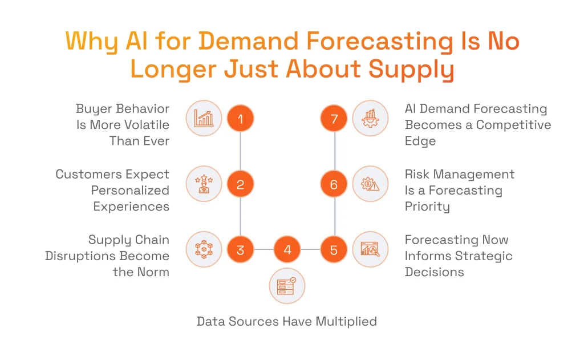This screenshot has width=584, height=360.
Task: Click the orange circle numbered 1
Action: pos(240,119)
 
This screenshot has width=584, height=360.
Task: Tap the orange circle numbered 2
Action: pos(240,184)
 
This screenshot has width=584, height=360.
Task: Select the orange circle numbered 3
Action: pos(240,250)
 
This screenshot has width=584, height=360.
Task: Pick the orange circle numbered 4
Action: pos(287,250)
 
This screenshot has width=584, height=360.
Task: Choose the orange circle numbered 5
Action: pos(334,250)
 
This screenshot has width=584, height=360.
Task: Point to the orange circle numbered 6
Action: pos(334,184)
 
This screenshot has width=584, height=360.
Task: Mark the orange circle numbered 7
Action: pos(334,119)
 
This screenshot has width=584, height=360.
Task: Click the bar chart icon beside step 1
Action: pos(204,119)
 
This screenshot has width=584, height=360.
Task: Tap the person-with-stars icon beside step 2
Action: pos(204,184)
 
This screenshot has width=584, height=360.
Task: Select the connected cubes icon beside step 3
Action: pos(204,250)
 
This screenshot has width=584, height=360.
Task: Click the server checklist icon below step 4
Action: pos(287,286)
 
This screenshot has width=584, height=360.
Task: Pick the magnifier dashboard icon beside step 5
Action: pos(370,250)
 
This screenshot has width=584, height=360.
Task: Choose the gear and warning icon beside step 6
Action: pos(370,184)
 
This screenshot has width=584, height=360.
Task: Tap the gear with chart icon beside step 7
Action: pos(370,119)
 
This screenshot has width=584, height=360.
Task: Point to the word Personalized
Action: pos(130,190)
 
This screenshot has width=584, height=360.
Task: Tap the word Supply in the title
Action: pos(411,70)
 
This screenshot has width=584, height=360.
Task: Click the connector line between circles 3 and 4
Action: pos(263,250)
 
